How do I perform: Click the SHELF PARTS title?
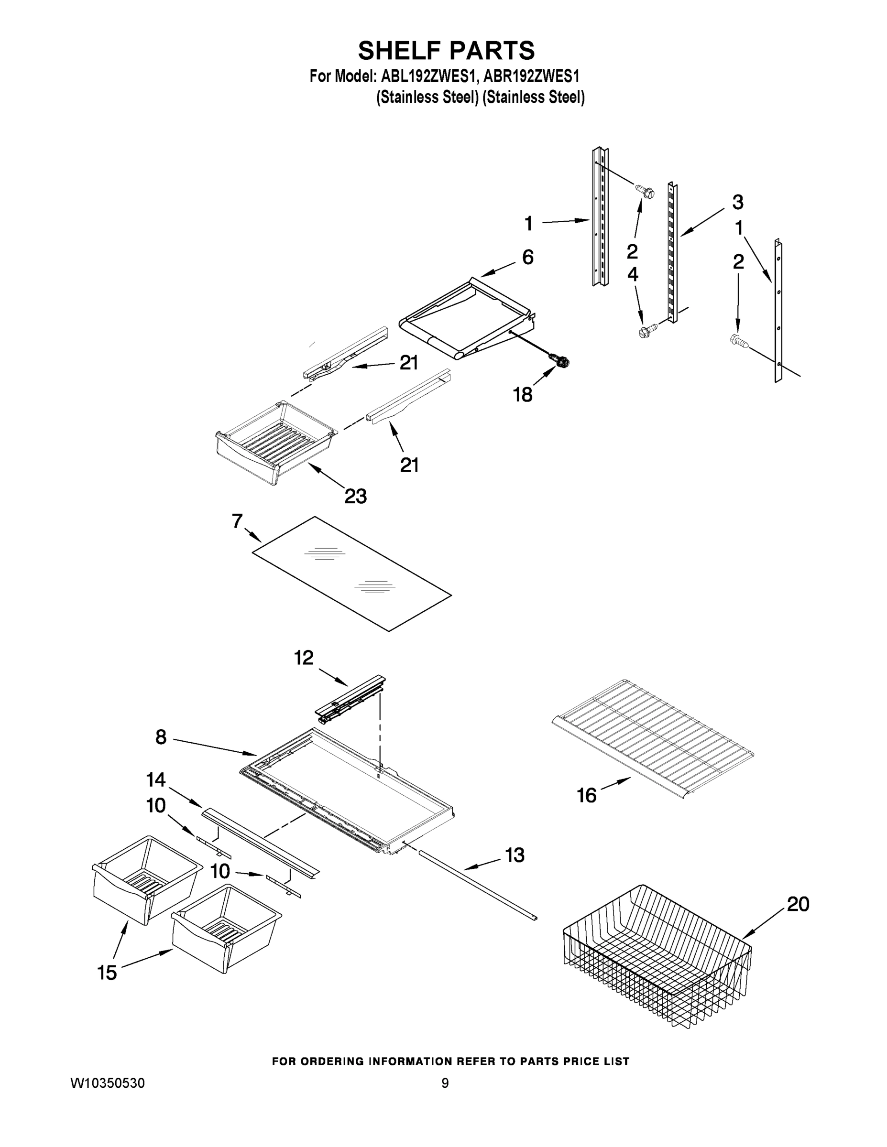(446, 51)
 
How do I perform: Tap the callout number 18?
(522, 394)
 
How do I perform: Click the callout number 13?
(515, 855)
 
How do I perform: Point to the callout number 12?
(304, 658)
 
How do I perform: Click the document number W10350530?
(108, 1083)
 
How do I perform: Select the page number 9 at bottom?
(445, 1083)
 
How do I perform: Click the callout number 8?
(161, 737)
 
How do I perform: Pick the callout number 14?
(155, 780)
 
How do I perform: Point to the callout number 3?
(737, 202)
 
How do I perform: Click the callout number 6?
(527, 257)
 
